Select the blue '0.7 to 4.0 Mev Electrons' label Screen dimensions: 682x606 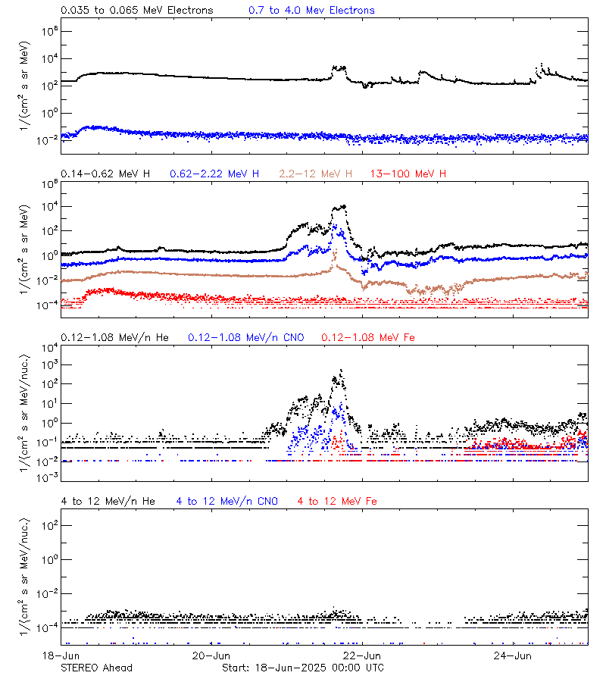(x=311, y=11)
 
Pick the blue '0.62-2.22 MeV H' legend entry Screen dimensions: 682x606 (x=214, y=174)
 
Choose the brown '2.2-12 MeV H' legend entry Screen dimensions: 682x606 (x=316, y=174)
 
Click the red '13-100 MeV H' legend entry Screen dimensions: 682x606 (x=408, y=174)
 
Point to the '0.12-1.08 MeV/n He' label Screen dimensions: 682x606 (x=114, y=337)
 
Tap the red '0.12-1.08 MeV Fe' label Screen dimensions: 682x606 (x=368, y=337)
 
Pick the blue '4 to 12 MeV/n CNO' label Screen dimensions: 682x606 (x=227, y=501)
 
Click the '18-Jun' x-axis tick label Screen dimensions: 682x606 (x=61, y=655)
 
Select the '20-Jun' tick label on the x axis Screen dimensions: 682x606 (x=211, y=655)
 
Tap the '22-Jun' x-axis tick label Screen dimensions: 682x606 (x=362, y=655)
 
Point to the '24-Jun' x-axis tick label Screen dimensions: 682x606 (x=512, y=655)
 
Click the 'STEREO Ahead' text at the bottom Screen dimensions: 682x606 (x=96, y=668)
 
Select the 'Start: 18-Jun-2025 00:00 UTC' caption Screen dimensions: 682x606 (x=302, y=668)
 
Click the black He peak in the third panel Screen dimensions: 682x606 (x=342, y=371)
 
